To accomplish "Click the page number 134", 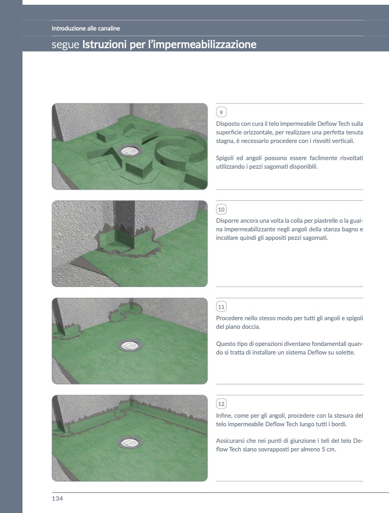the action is (x=57, y=499).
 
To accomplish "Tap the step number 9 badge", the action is (x=221, y=112).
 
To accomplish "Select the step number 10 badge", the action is (x=221, y=209).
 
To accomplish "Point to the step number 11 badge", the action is (x=221, y=306).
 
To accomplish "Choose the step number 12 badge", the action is (x=221, y=404).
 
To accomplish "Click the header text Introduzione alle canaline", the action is (x=86, y=28).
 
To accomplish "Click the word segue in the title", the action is (x=65, y=45).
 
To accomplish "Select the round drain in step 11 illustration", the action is (x=130, y=345).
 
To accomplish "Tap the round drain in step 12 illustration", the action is (x=130, y=442).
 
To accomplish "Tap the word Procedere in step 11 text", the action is (x=229, y=318).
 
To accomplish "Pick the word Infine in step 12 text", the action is (x=224, y=416).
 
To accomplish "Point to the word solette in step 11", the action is (x=345, y=352).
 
